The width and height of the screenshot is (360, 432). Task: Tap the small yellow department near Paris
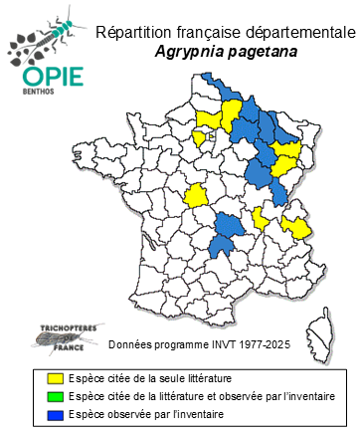pyautogui.click(x=199, y=137)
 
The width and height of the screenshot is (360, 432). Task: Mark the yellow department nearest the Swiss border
pyautogui.click(x=295, y=226)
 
